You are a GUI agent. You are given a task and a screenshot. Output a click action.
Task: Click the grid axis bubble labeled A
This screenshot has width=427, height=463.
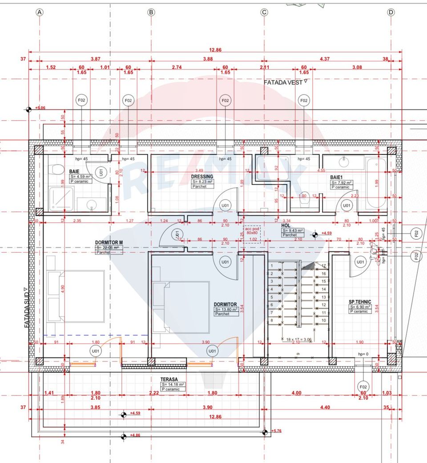click(x=40, y=12)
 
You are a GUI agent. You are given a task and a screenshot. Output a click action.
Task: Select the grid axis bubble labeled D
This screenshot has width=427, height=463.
click(x=391, y=12)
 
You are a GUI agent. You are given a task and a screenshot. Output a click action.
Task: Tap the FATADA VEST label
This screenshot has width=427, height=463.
click(x=283, y=82)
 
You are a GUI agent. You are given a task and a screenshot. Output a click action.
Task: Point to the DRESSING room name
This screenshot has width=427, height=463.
click(x=203, y=177)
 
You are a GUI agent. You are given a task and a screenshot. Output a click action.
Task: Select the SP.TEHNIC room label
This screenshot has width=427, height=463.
click(x=360, y=302)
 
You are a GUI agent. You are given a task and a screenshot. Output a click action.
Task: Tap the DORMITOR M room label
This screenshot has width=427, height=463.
click(x=109, y=242)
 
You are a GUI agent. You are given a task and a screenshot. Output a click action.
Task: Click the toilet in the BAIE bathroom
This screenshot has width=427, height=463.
click(x=57, y=169)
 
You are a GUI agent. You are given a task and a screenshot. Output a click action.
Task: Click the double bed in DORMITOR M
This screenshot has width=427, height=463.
click(x=76, y=296)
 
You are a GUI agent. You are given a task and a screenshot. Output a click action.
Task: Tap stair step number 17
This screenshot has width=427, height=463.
click(x=324, y=266)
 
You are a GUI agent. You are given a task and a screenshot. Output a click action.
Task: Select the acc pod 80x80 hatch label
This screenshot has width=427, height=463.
click(x=252, y=230)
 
